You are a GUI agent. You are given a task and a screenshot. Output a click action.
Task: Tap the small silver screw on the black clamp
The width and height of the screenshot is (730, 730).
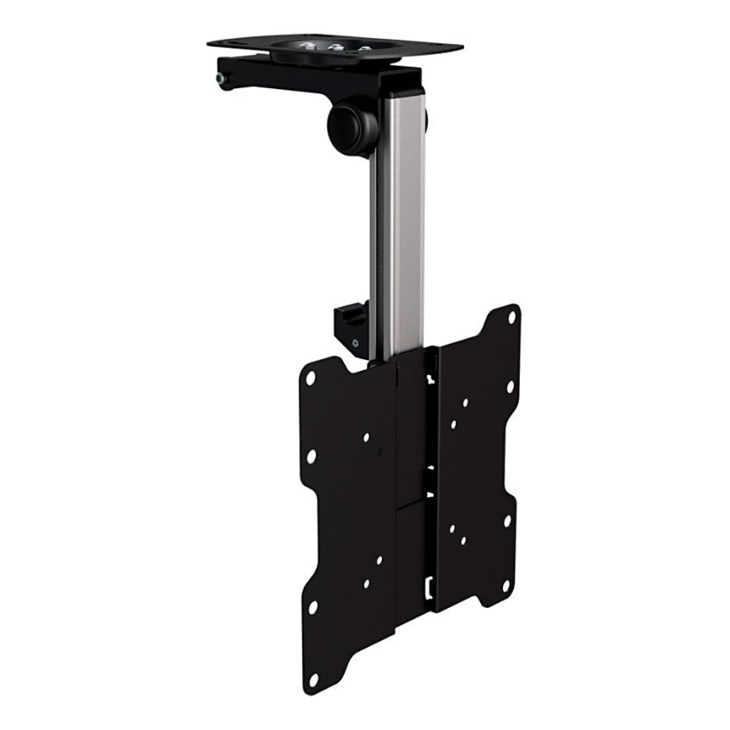point(355,342)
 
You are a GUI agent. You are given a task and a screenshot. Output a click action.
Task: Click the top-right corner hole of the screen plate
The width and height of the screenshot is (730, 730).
point(512,318)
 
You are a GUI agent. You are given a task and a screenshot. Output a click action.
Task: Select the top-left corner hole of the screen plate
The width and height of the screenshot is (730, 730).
point(310,378)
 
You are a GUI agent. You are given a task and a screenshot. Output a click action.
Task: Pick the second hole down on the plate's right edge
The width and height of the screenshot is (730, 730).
point(509,387)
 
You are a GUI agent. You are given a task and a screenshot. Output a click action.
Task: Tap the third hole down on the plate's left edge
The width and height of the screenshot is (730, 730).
point(312,606)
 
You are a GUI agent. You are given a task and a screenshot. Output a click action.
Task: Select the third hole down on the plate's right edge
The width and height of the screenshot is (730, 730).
point(507,521)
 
